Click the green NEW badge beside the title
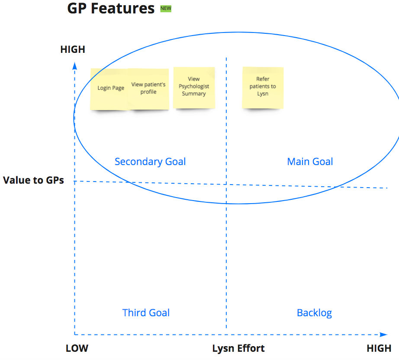166,8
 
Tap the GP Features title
111,8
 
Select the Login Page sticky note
109,89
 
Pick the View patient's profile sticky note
148,89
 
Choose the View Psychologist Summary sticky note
194,88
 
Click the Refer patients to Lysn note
263,88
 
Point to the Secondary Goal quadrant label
150,162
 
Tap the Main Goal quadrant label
310,162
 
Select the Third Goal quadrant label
146,313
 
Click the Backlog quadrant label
314,313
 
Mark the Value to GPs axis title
33,180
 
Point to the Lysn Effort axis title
238,348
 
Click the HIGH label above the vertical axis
73,49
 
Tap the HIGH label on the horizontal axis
379,348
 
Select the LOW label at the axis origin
77,348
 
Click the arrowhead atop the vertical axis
74,66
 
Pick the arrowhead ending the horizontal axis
383,334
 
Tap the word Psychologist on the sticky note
194,87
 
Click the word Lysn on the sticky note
263,94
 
